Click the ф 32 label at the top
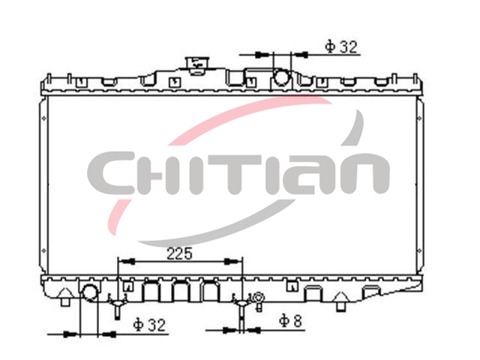pos(341,46)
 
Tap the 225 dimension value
pos(179,253)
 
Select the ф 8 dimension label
pos(290,321)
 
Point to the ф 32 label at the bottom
pos(149,324)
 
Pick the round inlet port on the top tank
pos(281,76)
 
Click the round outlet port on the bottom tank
pos(90,292)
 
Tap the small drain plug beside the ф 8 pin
pos(258,301)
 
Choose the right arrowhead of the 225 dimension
pos(233,262)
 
